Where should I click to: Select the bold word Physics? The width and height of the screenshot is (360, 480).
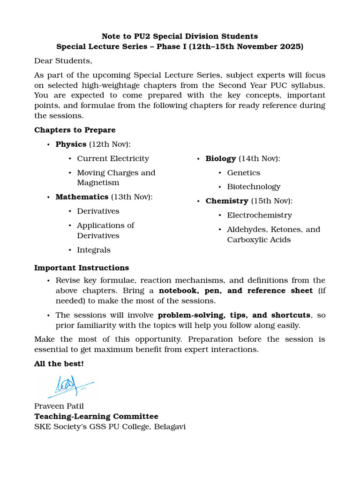[71, 144]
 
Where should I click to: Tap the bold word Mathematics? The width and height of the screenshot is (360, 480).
[82, 197]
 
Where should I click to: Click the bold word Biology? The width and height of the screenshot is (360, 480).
[220, 158]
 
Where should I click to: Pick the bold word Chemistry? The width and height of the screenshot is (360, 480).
[226, 201]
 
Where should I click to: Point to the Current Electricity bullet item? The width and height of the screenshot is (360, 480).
[113, 158]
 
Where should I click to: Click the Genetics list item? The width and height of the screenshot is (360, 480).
[243, 173]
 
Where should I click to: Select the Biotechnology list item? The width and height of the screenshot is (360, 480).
[254, 187]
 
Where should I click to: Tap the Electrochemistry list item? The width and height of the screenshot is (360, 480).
[259, 215]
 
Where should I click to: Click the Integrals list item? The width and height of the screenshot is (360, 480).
[94, 250]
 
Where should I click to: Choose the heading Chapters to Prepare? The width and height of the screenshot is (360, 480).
[75, 130]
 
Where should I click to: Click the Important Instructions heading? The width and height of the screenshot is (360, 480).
[81, 268]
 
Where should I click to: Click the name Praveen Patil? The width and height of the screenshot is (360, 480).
[59, 406]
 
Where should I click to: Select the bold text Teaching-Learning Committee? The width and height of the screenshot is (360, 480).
[96, 416]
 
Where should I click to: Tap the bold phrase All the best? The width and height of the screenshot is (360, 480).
[59, 364]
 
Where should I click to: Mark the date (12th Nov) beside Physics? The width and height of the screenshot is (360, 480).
[110, 144]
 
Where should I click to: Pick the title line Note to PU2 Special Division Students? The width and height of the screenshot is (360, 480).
[180, 36]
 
